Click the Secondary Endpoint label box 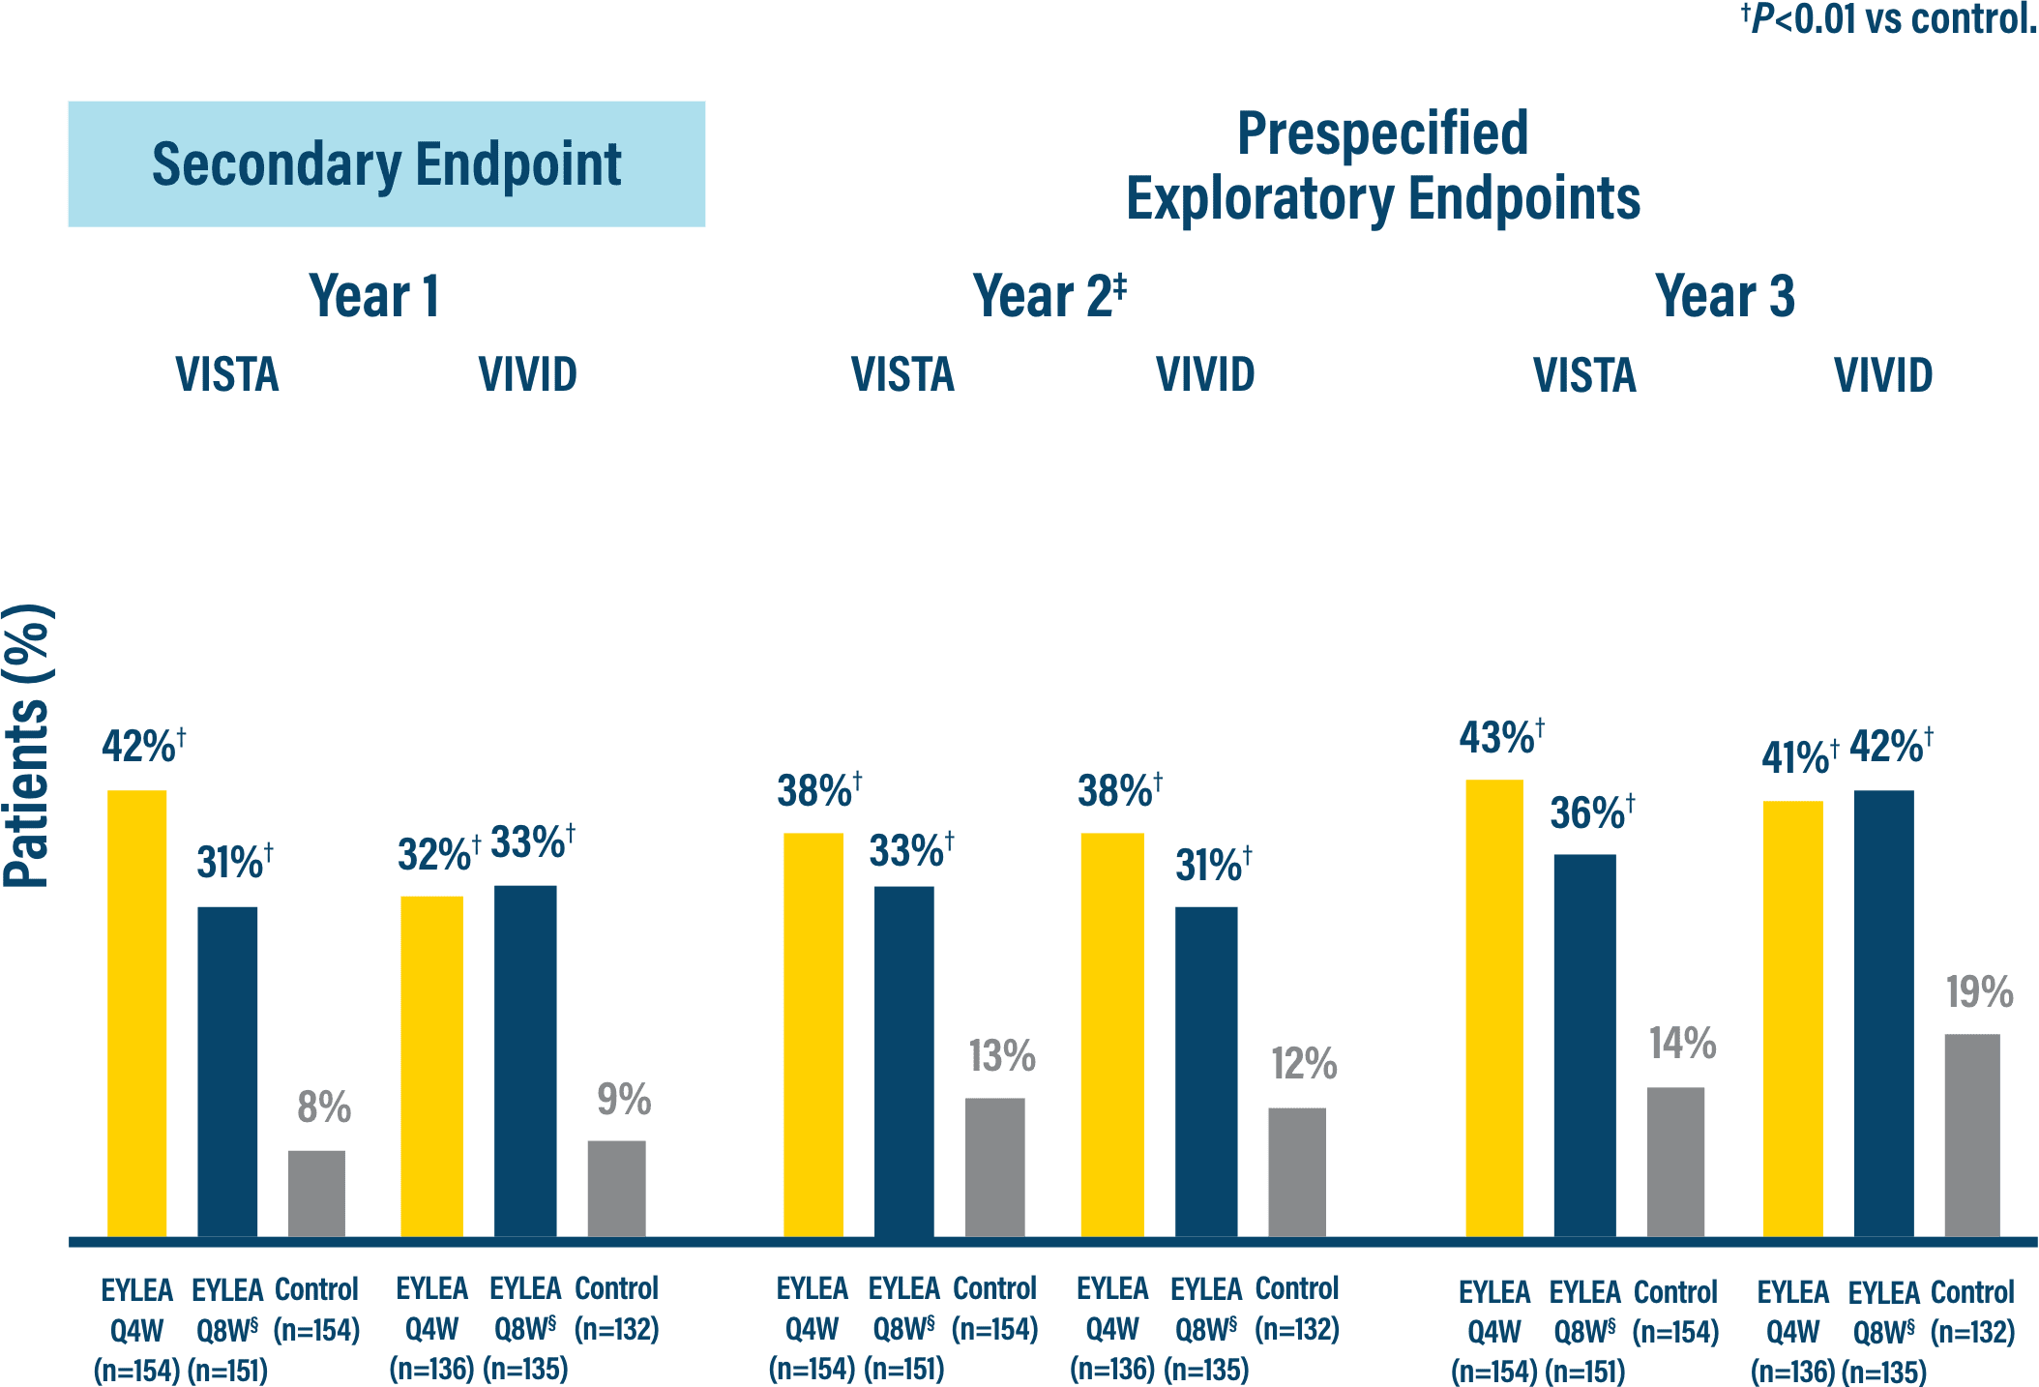pos(386,163)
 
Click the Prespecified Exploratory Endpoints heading pos(1382,165)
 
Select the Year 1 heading pos(374,296)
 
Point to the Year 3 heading pos(1724,296)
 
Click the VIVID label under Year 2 pos(1205,374)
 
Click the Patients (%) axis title pos(27,745)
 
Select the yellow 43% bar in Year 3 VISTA pos(1493,1006)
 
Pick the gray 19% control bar pos(1971,1134)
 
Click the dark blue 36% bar pos(1584,1045)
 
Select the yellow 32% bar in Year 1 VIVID pos(431,1064)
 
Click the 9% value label pos(624,1100)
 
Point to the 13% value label pos(1002,1056)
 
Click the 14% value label pos(1682,1044)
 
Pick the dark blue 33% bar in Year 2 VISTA pos(903,1060)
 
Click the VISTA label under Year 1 pos(227,374)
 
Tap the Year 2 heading pos(1049,296)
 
